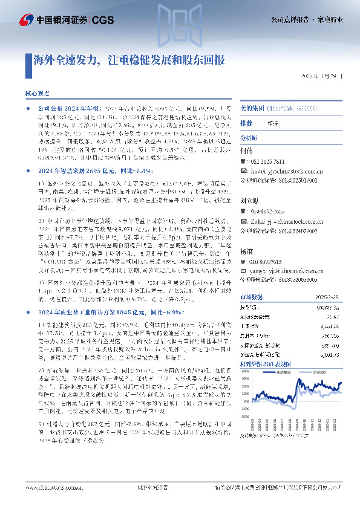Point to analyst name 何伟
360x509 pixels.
click(x=246, y=150)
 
